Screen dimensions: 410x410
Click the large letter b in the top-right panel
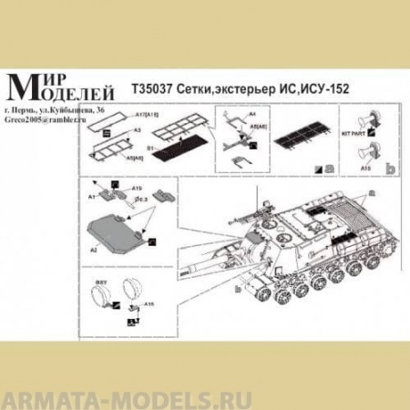point(390,169)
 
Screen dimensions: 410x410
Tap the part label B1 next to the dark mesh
point(150,145)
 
